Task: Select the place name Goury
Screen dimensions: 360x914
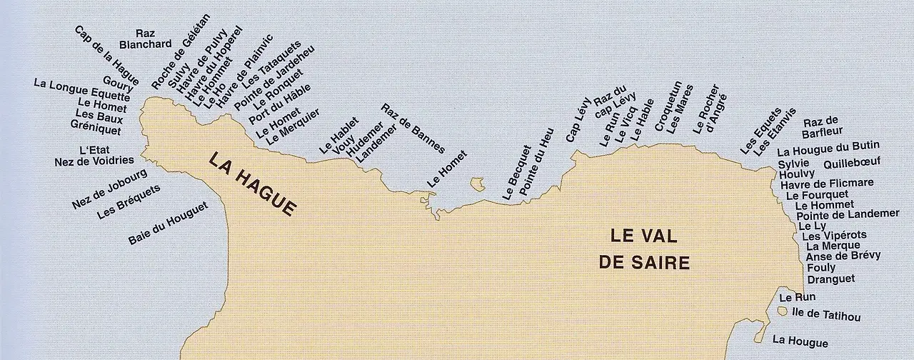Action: tap(118, 89)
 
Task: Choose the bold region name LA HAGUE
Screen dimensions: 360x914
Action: tap(251, 183)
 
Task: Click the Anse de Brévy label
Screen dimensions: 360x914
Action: tap(843, 256)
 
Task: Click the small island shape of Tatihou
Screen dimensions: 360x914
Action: tap(783, 312)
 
